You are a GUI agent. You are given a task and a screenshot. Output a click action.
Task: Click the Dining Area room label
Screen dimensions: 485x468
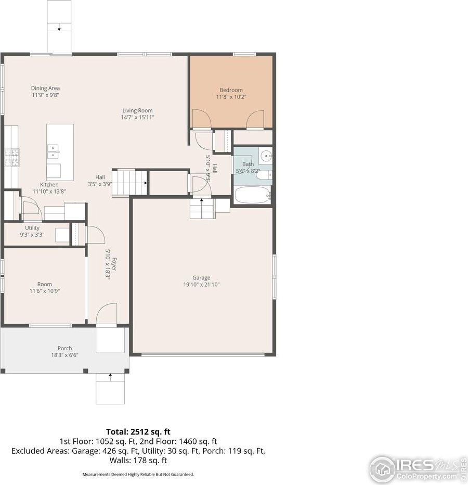pyautogui.click(x=45, y=88)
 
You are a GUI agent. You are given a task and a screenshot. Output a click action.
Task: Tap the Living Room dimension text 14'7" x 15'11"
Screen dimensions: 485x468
pyautogui.click(x=137, y=118)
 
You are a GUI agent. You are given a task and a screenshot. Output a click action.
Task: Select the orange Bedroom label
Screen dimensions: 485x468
pyautogui.click(x=231, y=90)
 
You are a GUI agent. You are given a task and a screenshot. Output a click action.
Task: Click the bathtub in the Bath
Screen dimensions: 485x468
pyautogui.click(x=252, y=196)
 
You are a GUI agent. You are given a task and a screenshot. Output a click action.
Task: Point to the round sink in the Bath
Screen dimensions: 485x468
pyautogui.click(x=266, y=155)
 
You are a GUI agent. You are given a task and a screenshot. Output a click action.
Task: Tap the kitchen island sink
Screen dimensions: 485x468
pyautogui.click(x=53, y=152)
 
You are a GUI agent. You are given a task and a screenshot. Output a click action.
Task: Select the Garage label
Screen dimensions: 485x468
pyautogui.click(x=201, y=278)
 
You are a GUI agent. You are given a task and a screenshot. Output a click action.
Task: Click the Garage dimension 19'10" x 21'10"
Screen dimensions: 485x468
pyautogui.click(x=201, y=285)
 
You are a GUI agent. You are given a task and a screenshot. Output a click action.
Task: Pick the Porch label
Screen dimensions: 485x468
pyautogui.click(x=64, y=348)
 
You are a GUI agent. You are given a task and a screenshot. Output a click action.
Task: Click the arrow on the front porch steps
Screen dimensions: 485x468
pyautogui.click(x=110, y=377)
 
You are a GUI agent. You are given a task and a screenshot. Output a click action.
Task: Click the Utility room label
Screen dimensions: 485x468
pyautogui.click(x=32, y=228)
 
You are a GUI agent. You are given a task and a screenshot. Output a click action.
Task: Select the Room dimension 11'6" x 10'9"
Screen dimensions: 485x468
pyautogui.click(x=45, y=291)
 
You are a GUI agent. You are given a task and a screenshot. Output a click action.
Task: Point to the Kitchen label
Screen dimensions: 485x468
pyautogui.click(x=49, y=185)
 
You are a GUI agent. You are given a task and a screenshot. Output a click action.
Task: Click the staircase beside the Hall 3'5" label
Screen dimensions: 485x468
pyautogui.click(x=130, y=182)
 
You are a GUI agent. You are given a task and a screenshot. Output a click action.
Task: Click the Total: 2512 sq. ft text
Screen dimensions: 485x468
pyautogui.click(x=138, y=431)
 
